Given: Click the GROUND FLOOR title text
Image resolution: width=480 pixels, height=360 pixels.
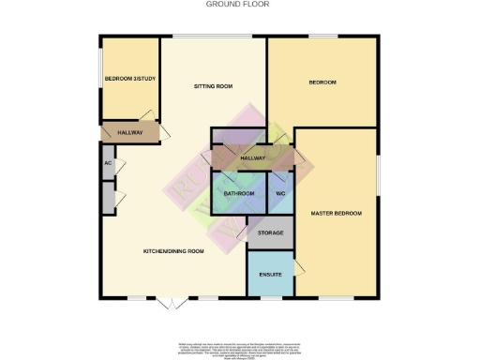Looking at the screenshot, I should [x=239, y=4].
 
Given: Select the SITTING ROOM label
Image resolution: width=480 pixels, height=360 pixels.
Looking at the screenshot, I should [x=213, y=86].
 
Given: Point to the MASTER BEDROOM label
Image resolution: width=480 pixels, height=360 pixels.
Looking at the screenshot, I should [x=337, y=214].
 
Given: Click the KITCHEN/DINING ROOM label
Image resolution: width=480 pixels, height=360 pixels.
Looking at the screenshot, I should [x=173, y=251].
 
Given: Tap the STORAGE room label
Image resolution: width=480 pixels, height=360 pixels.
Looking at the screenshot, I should [x=270, y=232].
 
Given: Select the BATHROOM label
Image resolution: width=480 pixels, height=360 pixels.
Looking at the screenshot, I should [x=239, y=193].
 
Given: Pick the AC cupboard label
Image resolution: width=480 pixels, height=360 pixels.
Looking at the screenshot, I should [x=108, y=163].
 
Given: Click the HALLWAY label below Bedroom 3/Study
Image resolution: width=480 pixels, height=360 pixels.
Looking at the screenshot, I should [x=129, y=132].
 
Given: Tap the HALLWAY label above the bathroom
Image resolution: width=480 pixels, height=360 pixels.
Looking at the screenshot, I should [x=253, y=158].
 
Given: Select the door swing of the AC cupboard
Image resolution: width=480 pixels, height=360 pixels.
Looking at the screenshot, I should [x=119, y=166].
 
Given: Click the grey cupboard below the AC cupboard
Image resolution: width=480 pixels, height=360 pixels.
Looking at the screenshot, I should [x=108, y=199].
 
